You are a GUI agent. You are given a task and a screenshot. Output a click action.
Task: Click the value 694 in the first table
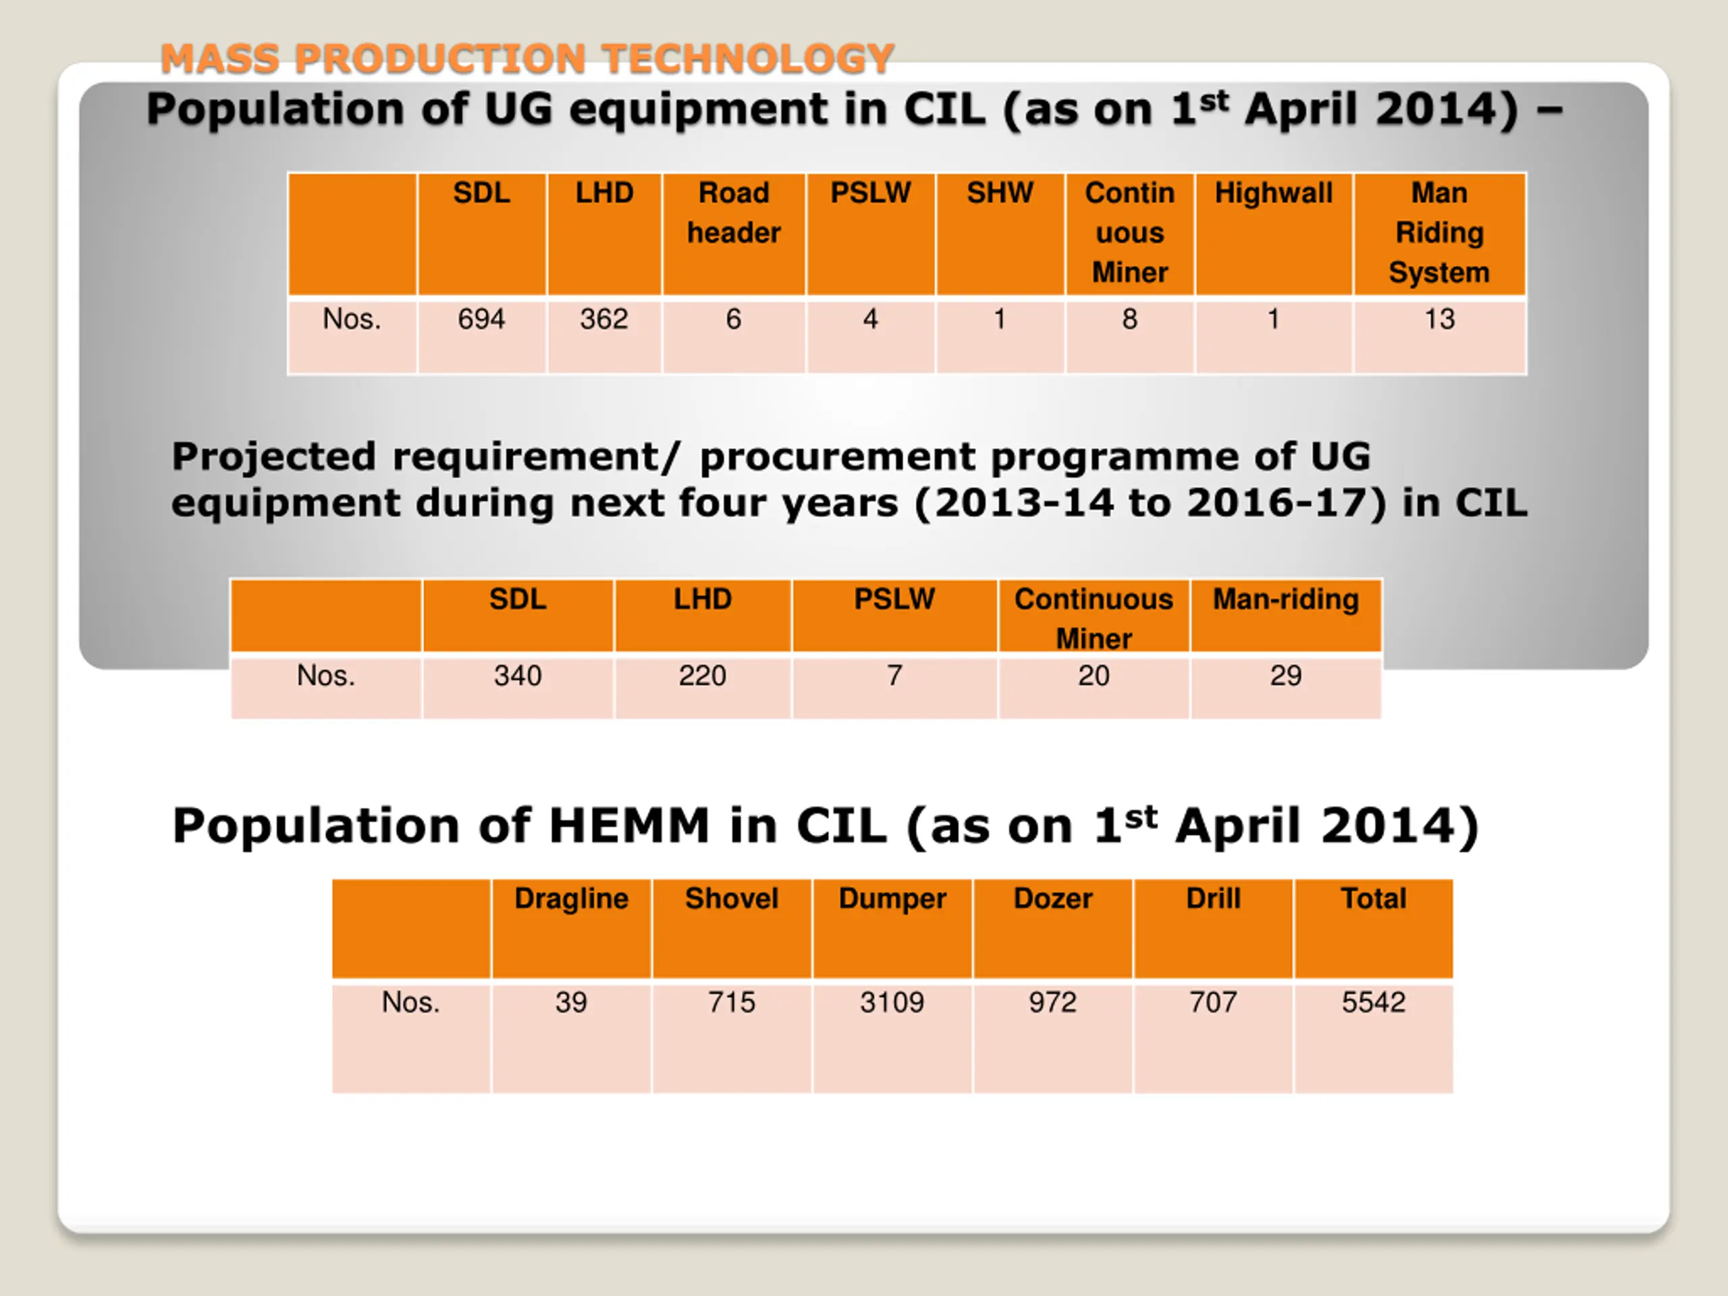pos(481,319)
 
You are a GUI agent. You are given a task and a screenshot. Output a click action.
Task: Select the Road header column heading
pos(734,213)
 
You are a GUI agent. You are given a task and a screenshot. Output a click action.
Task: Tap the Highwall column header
pos(1273,193)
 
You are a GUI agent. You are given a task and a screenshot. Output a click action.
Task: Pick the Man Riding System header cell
pos(1439,232)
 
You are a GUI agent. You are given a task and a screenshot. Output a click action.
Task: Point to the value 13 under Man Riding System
pos(1439,319)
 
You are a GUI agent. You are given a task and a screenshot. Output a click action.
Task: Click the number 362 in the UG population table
pos(604,319)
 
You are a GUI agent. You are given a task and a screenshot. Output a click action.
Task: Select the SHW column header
pos(1000,193)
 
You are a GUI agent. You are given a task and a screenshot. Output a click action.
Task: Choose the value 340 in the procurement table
pos(517,676)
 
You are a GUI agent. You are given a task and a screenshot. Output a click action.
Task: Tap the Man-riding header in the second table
pos(1286,599)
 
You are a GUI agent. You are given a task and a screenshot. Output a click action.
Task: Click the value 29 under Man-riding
pos(1286,676)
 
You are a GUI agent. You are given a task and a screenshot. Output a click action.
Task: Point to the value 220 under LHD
pos(702,676)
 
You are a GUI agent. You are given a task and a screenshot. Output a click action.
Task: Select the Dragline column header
pos(571,898)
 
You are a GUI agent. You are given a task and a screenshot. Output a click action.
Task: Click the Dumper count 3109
pos(892,1002)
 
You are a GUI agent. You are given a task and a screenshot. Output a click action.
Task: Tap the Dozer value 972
pos(1052,1002)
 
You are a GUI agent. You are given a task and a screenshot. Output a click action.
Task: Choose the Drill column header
pos(1213,898)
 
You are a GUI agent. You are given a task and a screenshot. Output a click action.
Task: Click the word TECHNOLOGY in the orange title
pos(748,59)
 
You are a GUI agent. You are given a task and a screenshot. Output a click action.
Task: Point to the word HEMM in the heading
pos(629,826)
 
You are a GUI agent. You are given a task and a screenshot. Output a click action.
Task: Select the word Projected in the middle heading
pos(273,456)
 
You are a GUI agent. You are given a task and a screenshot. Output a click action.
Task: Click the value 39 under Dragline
pos(571,1002)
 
